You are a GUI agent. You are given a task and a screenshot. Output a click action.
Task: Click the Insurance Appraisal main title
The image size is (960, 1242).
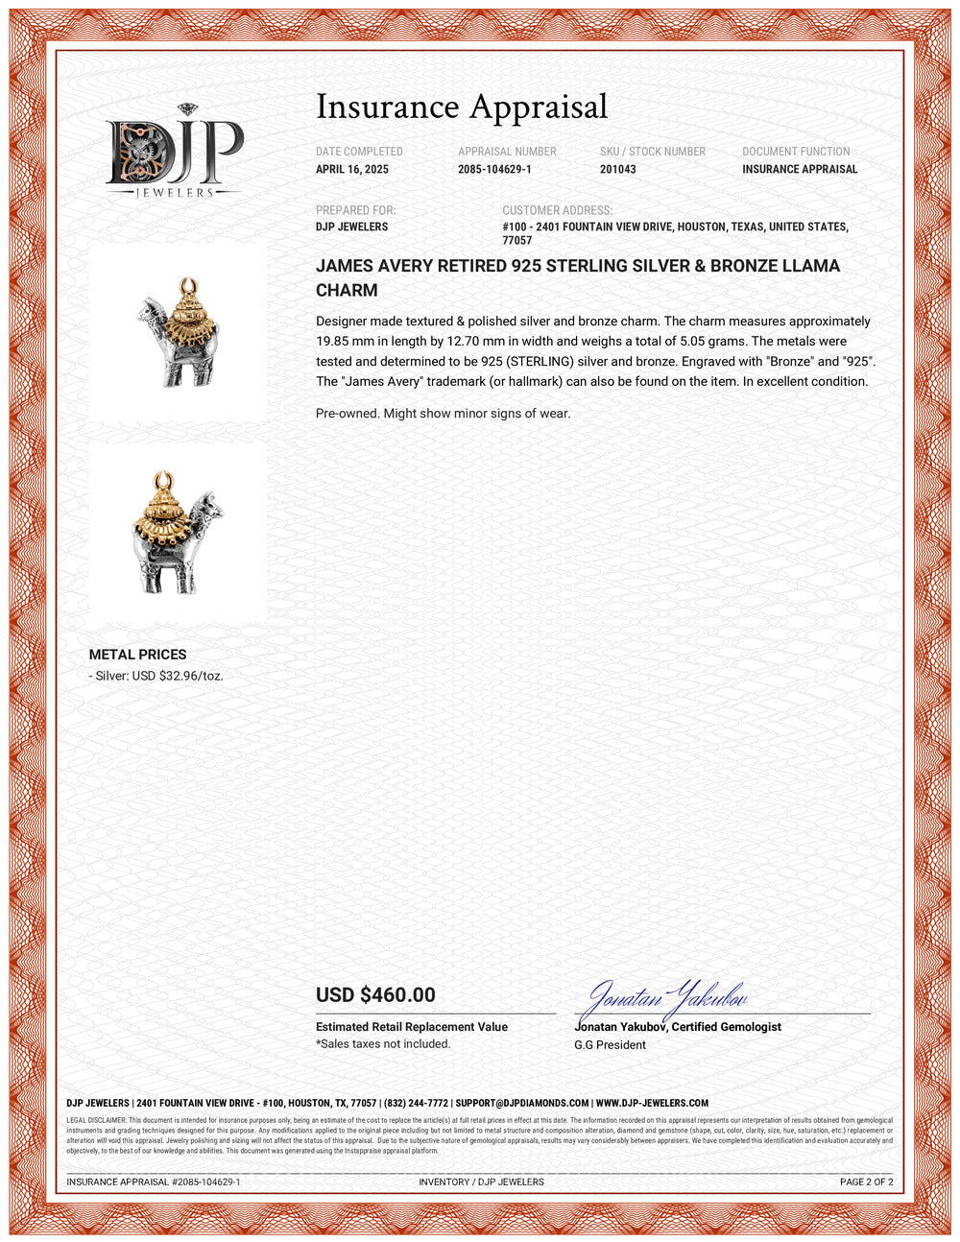click(462, 107)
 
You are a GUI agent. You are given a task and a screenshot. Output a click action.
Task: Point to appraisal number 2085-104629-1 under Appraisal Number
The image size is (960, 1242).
click(494, 169)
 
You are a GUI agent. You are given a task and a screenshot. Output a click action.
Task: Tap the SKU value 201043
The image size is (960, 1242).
click(617, 169)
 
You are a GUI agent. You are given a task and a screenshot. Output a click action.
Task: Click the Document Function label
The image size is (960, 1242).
click(796, 152)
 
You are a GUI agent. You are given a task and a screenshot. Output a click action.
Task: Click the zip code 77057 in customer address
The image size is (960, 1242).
click(516, 241)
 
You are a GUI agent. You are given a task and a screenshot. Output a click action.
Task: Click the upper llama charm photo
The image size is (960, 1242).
click(179, 331)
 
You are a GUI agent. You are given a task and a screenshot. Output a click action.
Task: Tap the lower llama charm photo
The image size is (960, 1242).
click(178, 534)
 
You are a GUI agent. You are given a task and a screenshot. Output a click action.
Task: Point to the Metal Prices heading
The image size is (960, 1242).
click(137, 655)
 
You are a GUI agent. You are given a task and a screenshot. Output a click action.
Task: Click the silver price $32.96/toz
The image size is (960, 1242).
click(190, 676)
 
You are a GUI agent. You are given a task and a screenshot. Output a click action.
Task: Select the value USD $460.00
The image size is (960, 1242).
click(375, 995)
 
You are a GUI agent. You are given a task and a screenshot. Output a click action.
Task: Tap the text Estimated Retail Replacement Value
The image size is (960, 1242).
click(412, 1027)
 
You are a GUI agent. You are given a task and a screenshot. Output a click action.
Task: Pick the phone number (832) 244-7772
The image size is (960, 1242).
click(416, 1104)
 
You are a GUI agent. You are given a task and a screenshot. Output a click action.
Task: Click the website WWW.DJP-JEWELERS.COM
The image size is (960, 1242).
click(652, 1104)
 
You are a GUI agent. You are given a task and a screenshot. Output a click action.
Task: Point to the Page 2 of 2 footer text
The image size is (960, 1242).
click(866, 1182)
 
